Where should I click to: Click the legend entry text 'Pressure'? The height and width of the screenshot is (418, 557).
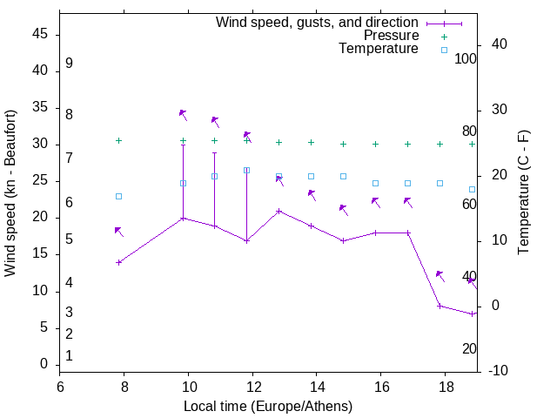(391, 36)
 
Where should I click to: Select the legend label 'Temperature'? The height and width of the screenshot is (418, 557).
(379, 49)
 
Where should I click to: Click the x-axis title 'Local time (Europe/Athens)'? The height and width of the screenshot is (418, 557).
(268, 406)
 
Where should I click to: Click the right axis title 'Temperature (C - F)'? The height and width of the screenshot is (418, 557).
(524, 193)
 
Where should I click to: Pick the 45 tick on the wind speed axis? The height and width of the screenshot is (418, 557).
(40, 35)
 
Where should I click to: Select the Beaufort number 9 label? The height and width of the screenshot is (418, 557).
(69, 64)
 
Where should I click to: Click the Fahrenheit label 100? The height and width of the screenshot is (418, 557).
(466, 59)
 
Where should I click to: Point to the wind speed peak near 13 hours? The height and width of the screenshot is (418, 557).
(278, 211)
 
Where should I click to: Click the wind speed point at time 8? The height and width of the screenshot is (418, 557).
(119, 262)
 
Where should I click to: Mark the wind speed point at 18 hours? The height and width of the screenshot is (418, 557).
(440, 306)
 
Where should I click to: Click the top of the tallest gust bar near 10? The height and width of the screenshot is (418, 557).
(183, 145)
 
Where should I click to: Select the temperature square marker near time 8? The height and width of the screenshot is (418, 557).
(119, 196)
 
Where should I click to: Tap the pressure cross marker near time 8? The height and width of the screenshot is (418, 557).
(119, 140)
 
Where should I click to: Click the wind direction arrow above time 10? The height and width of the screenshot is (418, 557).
(183, 114)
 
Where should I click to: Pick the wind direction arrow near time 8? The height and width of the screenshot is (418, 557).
(119, 232)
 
